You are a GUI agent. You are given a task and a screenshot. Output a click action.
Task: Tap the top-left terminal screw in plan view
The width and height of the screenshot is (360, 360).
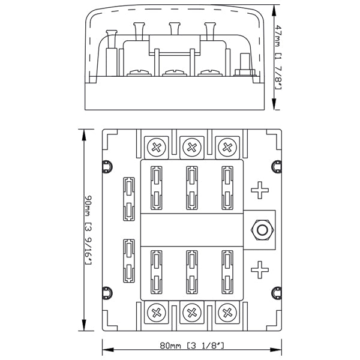158,146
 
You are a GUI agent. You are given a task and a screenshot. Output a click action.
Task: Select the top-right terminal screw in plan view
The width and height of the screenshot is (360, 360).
227,146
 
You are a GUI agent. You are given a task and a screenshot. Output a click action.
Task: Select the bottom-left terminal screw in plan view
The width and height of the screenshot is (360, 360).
158,311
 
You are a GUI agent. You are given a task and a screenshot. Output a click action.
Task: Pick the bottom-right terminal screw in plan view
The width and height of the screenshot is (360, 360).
227,311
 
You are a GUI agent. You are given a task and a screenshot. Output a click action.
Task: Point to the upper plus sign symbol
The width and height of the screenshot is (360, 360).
260,191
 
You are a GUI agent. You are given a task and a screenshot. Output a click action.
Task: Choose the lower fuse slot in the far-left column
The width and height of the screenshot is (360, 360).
128,260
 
